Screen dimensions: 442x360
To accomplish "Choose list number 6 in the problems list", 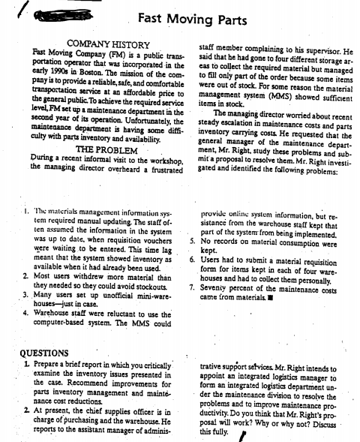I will point(193,257).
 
